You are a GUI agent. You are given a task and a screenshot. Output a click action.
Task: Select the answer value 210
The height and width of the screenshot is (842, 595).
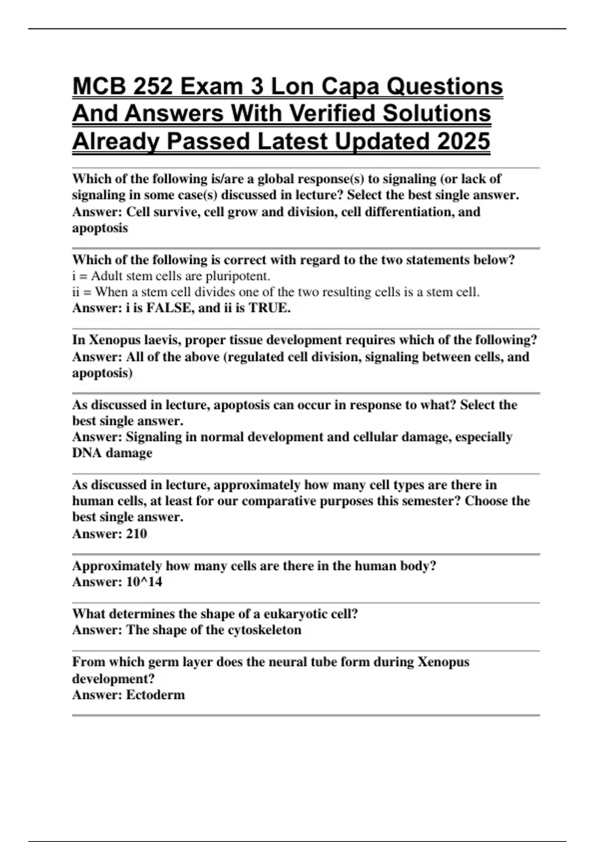tap(136, 533)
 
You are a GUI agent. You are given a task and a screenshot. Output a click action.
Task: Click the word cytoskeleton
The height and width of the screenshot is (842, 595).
tap(264, 630)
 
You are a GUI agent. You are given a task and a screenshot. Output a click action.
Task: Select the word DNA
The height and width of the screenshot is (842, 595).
tap(87, 453)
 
